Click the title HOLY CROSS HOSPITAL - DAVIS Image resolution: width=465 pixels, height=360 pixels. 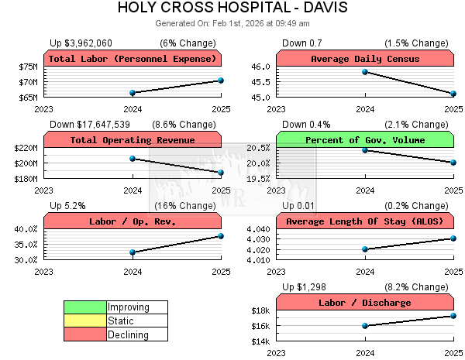pyautogui.click(x=232, y=9)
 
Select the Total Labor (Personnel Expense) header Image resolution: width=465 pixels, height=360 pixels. pyautogui.click(x=133, y=59)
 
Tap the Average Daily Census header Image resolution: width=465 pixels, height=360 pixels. pyautogui.click(x=364, y=59)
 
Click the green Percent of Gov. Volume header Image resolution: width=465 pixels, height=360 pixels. pyautogui.click(x=364, y=140)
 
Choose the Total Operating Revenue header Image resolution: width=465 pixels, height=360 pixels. pyautogui.click(x=133, y=140)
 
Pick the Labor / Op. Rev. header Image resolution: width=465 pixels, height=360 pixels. pyautogui.click(x=133, y=221)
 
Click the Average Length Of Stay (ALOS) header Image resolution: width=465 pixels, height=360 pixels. pyautogui.click(x=364, y=221)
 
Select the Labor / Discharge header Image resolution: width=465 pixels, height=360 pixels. pyautogui.click(x=364, y=303)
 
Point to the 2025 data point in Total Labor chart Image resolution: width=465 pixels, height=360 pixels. pyautogui.click(x=221, y=80)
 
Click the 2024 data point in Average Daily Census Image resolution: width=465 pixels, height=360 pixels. pyautogui.click(x=364, y=72)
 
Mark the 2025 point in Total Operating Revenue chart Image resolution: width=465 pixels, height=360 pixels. pyautogui.click(x=221, y=172)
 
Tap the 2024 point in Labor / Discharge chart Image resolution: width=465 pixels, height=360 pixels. pyautogui.click(x=364, y=326)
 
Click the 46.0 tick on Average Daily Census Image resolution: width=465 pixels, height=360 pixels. pyautogui.click(x=260, y=67)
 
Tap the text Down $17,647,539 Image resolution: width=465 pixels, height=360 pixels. pyautogui.click(x=90, y=124)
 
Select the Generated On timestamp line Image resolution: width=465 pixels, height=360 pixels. pyautogui.click(x=232, y=23)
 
